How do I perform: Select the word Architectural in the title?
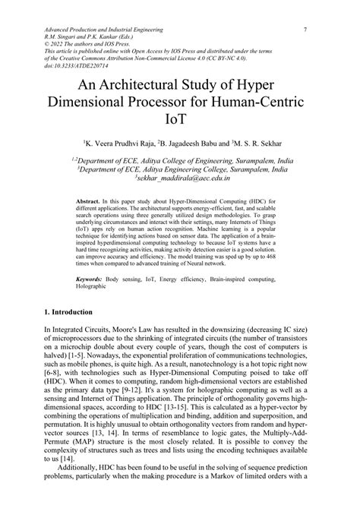147,82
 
